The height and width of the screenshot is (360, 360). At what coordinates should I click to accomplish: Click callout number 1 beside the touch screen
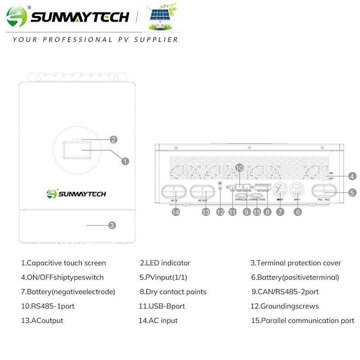pyautogui.click(x=126, y=160)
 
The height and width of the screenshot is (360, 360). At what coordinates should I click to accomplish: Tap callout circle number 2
pyautogui.click(x=113, y=139)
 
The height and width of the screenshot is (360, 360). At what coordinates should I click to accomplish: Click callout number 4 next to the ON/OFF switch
pyautogui.click(x=352, y=176)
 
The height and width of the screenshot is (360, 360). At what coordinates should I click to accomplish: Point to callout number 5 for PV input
pyautogui.click(x=352, y=193)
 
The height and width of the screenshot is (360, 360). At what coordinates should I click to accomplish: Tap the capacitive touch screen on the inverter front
pyautogui.click(x=76, y=149)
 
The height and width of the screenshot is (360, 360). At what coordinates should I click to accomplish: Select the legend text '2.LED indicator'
pyautogui.click(x=165, y=263)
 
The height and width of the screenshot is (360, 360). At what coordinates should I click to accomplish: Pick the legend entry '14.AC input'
pyautogui.click(x=158, y=320)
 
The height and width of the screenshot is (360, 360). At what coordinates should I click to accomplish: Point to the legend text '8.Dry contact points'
pyautogui.click(x=173, y=292)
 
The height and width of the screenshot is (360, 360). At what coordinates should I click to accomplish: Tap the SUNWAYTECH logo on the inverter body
pyautogui.click(x=76, y=194)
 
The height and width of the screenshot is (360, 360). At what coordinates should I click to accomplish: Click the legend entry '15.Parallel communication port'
pyautogui.click(x=302, y=320)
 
